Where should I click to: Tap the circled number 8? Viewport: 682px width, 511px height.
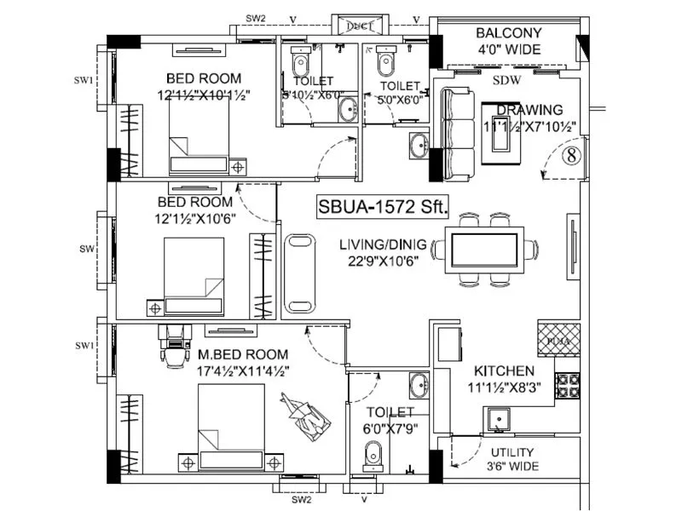pyautogui.click(x=571, y=155)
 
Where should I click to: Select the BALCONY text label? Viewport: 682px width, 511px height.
pyautogui.click(x=508, y=33)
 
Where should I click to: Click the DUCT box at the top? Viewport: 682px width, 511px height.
pyautogui.click(x=352, y=26)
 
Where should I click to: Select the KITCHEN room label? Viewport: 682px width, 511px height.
pyautogui.click(x=505, y=371)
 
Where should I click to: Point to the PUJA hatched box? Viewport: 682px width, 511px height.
pyautogui.click(x=559, y=338)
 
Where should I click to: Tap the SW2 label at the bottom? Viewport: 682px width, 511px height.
pyautogui.click(x=300, y=501)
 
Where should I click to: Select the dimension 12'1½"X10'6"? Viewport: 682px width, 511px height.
pyautogui.click(x=194, y=219)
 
